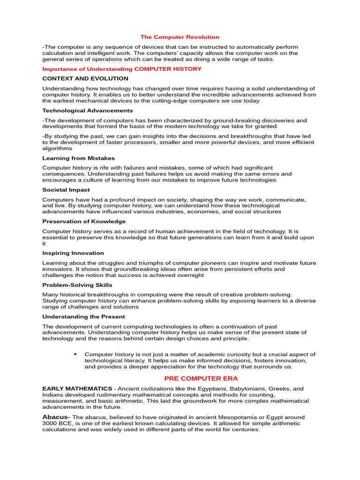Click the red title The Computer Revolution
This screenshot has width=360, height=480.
click(x=180, y=37)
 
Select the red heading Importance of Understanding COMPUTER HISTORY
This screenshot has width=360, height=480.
click(x=122, y=69)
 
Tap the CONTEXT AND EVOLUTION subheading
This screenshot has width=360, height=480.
click(x=85, y=79)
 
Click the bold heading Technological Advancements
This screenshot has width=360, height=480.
click(x=88, y=111)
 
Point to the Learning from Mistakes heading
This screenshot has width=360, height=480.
click(x=78, y=158)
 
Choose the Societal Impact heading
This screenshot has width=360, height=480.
click(x=66, y=190)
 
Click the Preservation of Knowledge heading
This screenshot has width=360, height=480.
click(x=84, y=221)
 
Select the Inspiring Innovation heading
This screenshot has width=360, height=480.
click(x=73, y=253)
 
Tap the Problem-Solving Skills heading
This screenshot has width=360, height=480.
click(x=77, y=285)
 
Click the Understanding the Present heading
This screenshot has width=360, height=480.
click(x=83, y=316)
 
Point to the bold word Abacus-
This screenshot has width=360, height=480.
click(x=56, y=417)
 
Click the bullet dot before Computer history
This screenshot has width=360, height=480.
click(x=75, y=354)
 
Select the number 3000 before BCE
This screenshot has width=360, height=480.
click(x=50, y=423)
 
